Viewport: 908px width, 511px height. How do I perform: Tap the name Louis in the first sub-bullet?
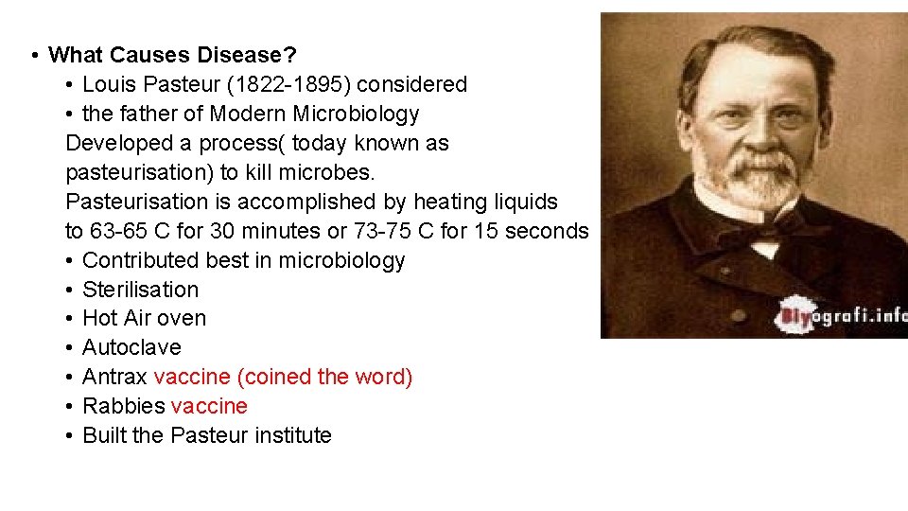pos(109,84)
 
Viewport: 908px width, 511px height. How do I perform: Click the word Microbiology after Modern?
pos(362,114)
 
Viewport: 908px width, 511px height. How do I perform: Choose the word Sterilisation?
pos(141,290)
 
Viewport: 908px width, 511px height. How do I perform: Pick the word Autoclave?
pos(131,348)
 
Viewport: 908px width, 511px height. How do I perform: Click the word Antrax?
pos(114,377)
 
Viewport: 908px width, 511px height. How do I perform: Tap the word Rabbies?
pos(123,406)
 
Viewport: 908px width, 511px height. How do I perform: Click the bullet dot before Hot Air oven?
pos(71,319)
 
